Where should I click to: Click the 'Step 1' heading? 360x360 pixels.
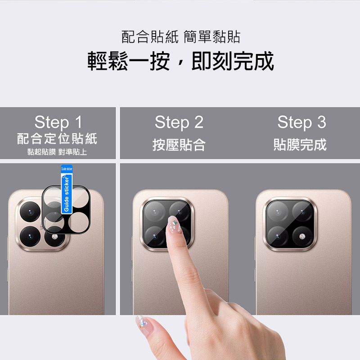coord(58,122)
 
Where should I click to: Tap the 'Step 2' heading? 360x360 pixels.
coord(179,122)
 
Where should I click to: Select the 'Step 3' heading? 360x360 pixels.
coord(301,122)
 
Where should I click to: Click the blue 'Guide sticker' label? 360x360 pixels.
coord(67,189)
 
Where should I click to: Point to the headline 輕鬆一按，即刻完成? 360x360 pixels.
coord(181,61)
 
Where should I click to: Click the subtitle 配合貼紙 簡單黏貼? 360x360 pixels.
coord(181,37)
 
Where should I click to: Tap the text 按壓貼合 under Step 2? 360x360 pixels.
coord(179,144)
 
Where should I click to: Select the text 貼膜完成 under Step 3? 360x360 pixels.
coord(300,144)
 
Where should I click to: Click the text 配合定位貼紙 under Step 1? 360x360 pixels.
coord(57,139)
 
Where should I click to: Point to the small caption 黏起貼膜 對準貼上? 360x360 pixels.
coord(57,152)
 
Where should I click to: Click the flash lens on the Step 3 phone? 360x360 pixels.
coord(302,237)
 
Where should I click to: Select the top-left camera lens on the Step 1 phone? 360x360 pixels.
coord(30,211)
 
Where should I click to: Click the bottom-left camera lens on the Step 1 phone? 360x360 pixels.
coord(30,236)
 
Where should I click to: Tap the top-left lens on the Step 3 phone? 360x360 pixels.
coord(278,211)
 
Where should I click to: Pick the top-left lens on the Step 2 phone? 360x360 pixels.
coord(154,211)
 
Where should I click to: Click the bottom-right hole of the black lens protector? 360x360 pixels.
coord(78,222)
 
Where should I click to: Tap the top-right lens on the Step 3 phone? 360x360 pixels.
coord(302,211)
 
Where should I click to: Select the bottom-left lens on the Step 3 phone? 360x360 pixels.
coord(278,237)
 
